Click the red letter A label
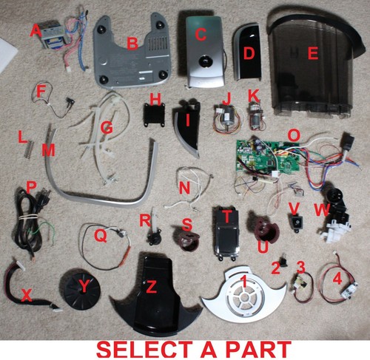[36, 31]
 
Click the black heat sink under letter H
[154, 115]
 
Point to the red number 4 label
[337, 279]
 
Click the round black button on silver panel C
[204, 61]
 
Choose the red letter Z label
[151, 287]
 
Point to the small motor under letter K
[257, 116]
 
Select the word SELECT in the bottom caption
[144, 350]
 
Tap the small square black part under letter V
[297, 223]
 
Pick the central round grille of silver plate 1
[244, 297]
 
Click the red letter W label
[322, 210]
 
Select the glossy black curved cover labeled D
[247, 51]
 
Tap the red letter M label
[48, 150]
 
